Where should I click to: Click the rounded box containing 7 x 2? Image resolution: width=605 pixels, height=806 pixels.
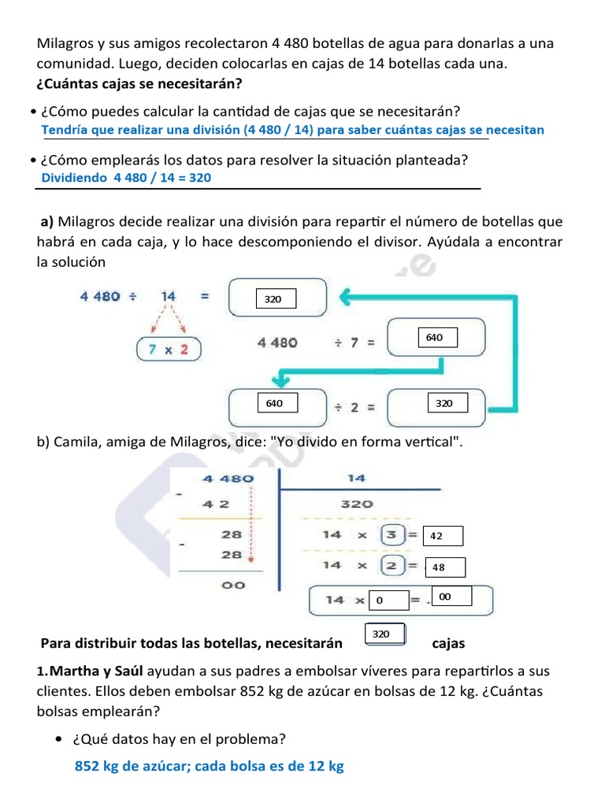[169, 349]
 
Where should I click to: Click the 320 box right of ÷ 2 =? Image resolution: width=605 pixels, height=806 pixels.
[445, 403]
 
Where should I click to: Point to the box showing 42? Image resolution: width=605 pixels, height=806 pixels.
[443, 536]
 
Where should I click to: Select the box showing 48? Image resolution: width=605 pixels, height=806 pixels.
[444, 567]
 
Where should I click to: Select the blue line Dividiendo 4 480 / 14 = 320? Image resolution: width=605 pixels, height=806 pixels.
[126, 178]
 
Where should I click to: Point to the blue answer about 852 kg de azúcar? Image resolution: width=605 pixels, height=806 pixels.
[209, 766]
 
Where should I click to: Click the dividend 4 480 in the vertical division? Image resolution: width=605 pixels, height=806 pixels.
[228, 479]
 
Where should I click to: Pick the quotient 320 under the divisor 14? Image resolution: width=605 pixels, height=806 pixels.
[356, 505]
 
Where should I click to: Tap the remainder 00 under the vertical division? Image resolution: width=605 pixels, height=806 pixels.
[233, 585]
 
